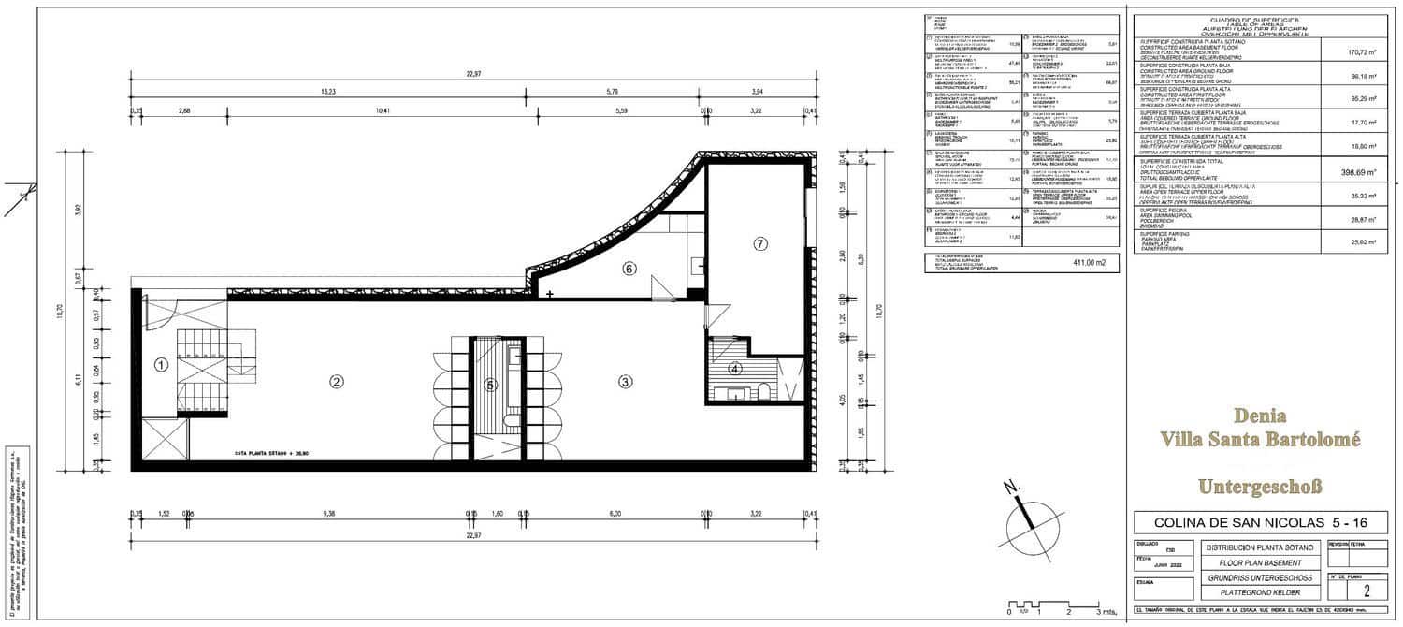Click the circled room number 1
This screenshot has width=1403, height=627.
click(161, 365)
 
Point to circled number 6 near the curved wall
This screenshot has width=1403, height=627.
click(629, 269)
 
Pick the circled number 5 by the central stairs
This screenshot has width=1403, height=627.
click(490, 383)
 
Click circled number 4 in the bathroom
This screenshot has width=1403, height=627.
click(735, 369)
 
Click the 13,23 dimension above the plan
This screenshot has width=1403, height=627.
click(328, 92)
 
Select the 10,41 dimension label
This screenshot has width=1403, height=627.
click(380, 110)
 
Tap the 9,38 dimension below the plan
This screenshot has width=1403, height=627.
click(328, 514)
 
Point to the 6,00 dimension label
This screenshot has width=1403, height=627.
click(615, 514)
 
